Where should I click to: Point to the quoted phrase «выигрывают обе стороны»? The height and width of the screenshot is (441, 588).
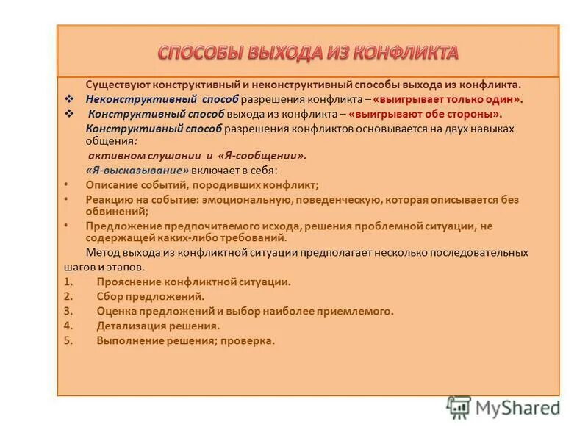(x=426, y=114)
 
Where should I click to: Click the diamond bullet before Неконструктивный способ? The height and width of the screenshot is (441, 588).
(x=69, y=99)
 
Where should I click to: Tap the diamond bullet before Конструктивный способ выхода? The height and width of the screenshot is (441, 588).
(x=69, y=114)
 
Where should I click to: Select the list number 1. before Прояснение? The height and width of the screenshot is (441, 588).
(x=68, y=282)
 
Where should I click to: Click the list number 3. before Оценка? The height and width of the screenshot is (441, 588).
(x=68, y=311)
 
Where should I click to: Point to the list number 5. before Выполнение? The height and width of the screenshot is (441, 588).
(x=68, y=340)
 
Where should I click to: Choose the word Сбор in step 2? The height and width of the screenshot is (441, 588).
(x=109, y=296)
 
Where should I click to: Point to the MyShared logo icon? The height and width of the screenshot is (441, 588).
(x=459, y=406)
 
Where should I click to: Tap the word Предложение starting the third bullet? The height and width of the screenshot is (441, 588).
(x=121, y=226)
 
